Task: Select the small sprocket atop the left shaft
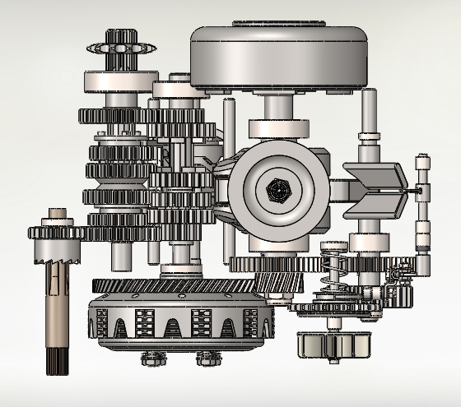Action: point(119,51)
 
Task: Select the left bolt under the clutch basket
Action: point(150,358)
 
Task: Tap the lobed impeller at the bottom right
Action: point(331,345)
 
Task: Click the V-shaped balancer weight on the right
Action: point(375,184)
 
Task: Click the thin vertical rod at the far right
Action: point(422,214)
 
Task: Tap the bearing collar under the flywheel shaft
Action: point(278,128)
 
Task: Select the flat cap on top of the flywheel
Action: point(278,25)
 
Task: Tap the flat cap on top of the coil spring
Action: point(333,247)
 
